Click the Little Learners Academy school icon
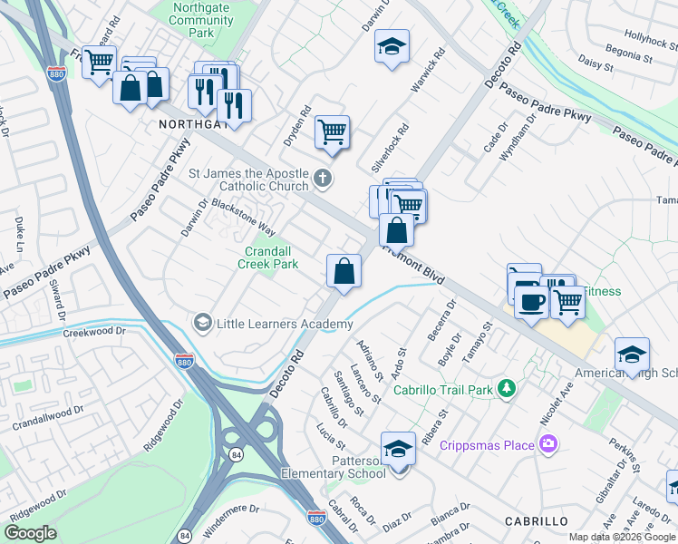[x=202, y=323]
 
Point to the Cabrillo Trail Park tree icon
[x=508, y=390]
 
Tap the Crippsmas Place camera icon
[x=547, y=444]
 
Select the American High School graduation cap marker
[x=632, y=353]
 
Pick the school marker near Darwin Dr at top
[x=392, y=47]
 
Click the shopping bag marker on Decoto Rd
[x=344, y=270]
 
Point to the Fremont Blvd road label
[x=413, y=265]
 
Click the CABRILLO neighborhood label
[x=536, y=521]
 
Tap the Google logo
[x=31, y=532]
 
